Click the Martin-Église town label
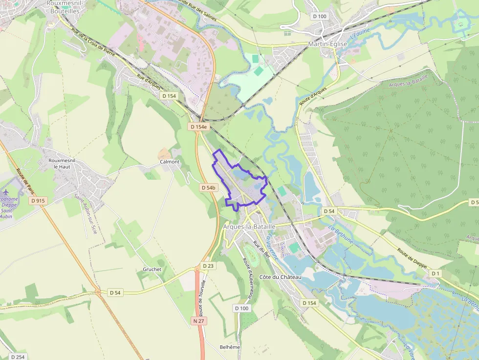coord(327,44)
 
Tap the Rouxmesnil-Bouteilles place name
coord(63,7)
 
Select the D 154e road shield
coord(198,127)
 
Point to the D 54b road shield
coord(208,188)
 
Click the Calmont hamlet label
coord(170,162)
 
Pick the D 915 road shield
coord(38,200)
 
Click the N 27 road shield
coord(198,321)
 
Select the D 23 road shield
coord(208,266)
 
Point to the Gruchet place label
coord(152,269)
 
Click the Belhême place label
coord(230,347)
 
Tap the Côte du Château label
coord(281,277)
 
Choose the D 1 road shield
coord(435,273)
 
